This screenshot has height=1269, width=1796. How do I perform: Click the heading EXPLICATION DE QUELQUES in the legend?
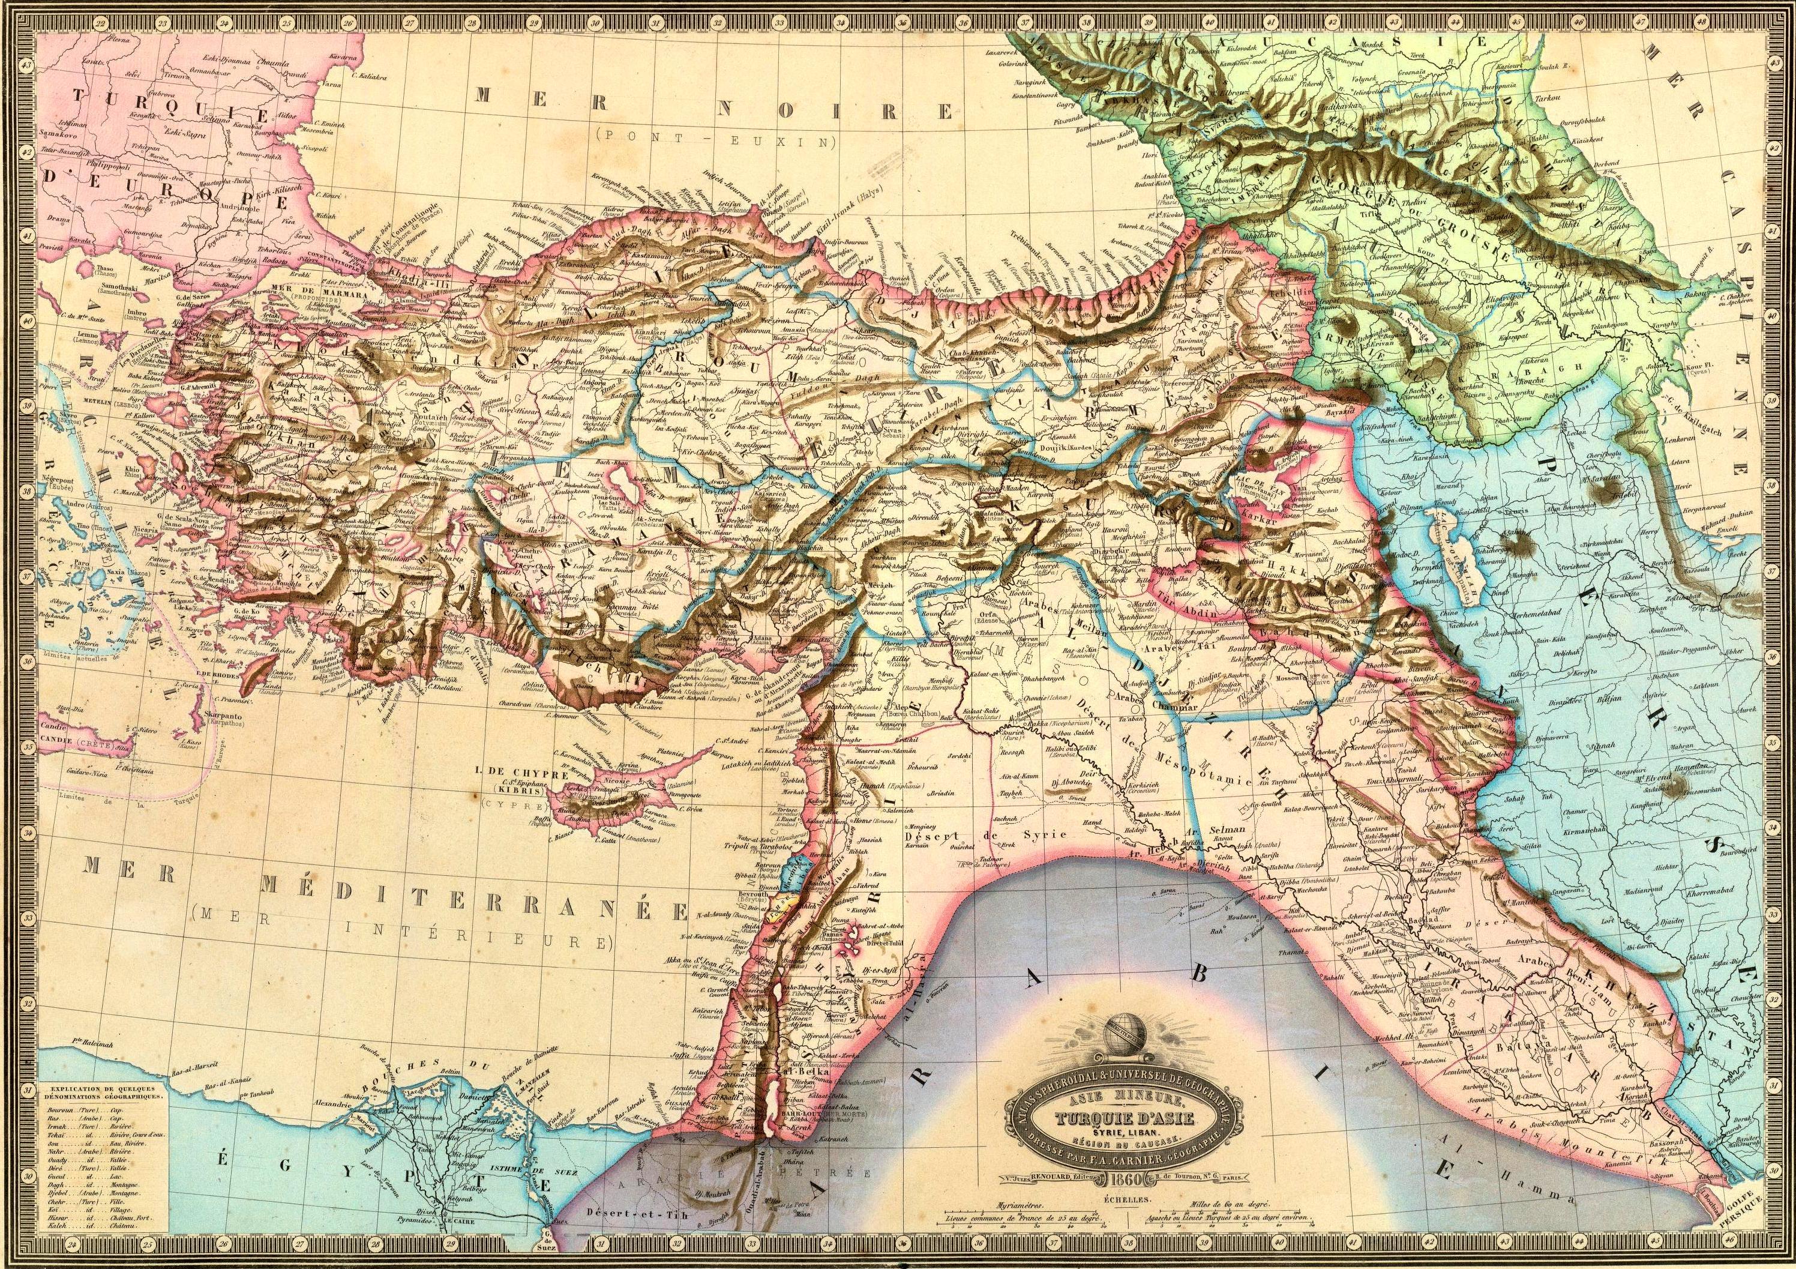coord(105,1089)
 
